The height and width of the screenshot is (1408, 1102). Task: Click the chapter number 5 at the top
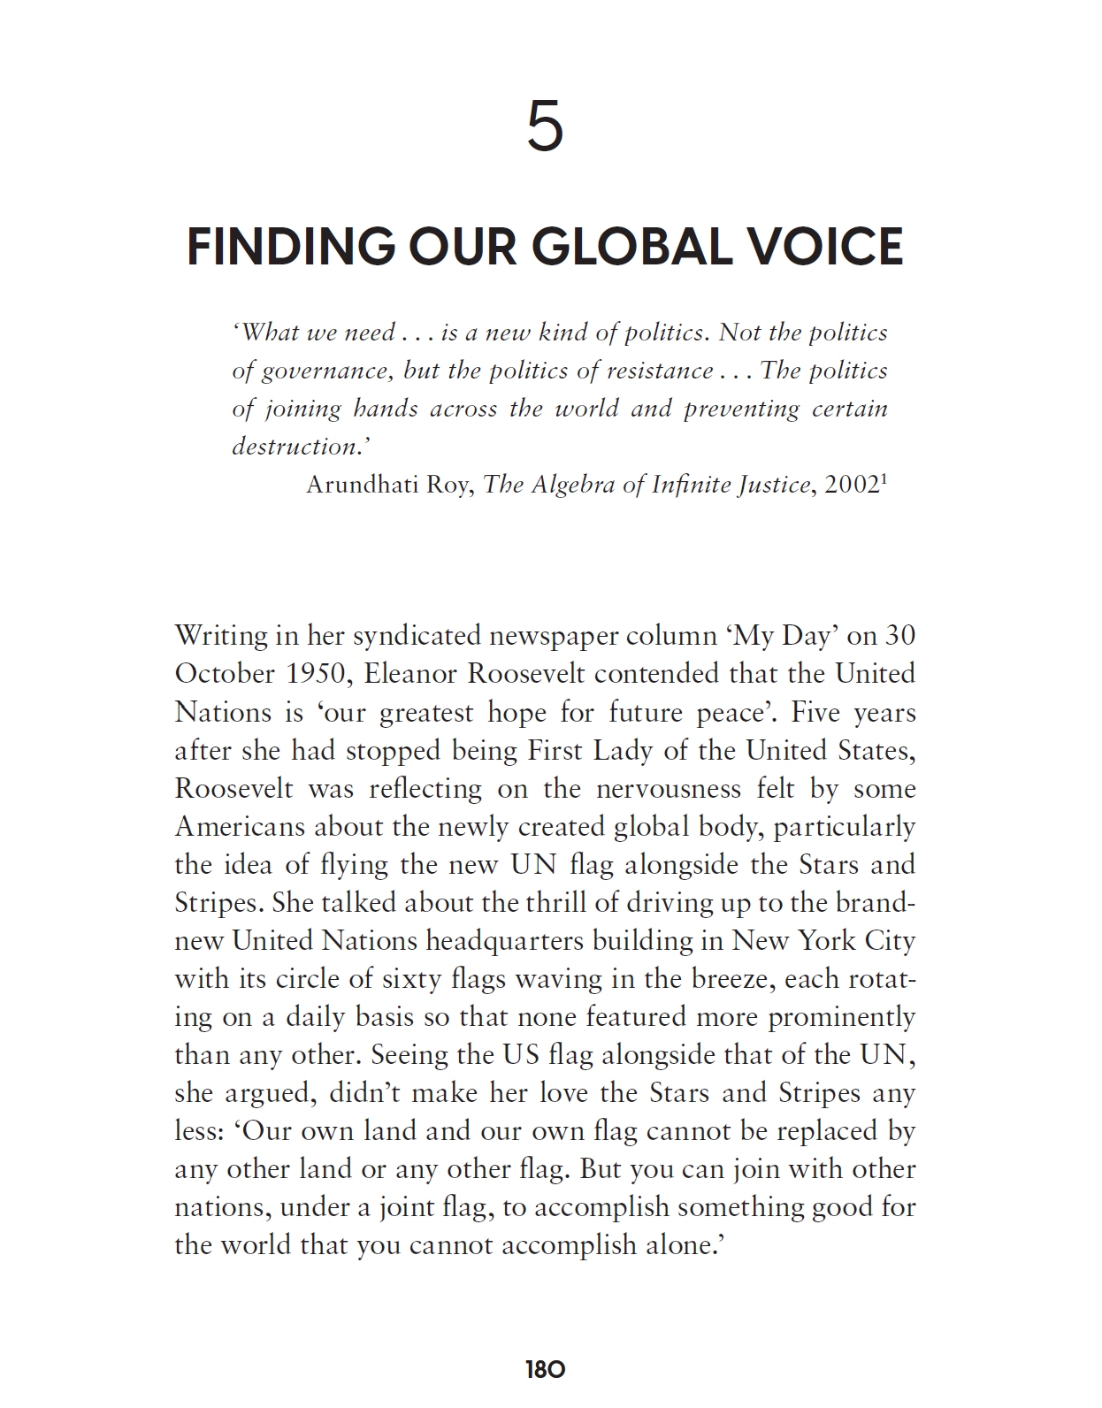pyautogui.click(x=545, y=126)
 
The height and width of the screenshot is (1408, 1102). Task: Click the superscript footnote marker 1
pyautogui.click(x=884, y=479)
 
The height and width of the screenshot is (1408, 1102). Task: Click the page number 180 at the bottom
pyautogui.click(x=545, y=1370)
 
